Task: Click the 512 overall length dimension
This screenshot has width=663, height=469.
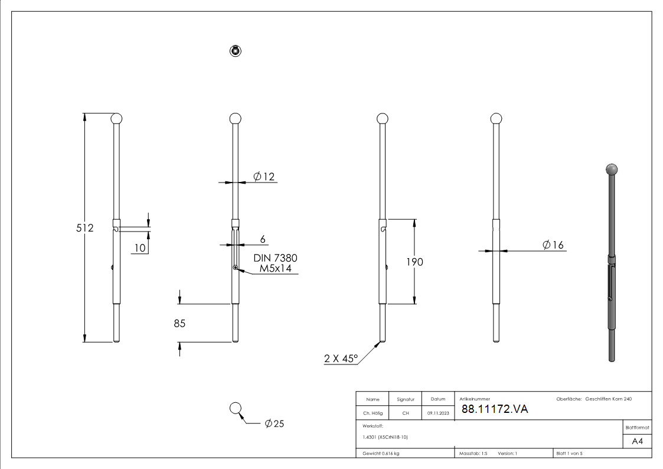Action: pos(85,227)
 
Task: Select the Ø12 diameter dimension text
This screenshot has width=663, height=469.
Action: pos(264,177)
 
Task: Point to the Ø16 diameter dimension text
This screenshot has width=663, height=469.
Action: pos(553,245)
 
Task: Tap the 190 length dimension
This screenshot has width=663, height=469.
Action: pos(414,262)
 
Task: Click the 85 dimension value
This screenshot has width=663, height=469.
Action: pos(179,324)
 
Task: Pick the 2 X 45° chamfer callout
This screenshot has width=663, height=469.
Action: pos(341,358)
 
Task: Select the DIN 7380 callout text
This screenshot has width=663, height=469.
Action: pos(275,258)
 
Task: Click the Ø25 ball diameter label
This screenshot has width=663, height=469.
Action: pos(275,424)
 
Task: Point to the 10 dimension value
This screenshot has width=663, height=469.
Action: pos(139,248)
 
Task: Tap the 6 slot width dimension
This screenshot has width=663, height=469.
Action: pos(263,239)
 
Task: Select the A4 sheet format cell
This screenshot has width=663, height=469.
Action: pos(637,441)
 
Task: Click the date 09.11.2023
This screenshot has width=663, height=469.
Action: pos(438,413)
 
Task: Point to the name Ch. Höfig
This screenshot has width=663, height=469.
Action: pos(373,413)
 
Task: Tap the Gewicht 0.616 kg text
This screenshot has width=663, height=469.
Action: pos(381,454)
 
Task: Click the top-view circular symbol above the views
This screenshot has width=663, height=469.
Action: pos(236,51)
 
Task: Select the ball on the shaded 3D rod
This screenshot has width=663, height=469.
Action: pos(612,170)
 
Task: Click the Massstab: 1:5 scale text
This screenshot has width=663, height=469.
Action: pos(473,454)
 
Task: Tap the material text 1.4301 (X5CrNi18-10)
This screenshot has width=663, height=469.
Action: pos(385,437)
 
